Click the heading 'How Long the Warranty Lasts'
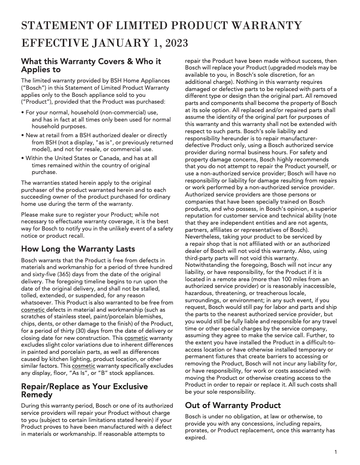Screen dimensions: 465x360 [78, 249]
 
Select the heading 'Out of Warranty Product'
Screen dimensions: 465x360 [233, 405]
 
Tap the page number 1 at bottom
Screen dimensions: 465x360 [336, 452]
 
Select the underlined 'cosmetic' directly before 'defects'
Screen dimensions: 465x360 [33, 310]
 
